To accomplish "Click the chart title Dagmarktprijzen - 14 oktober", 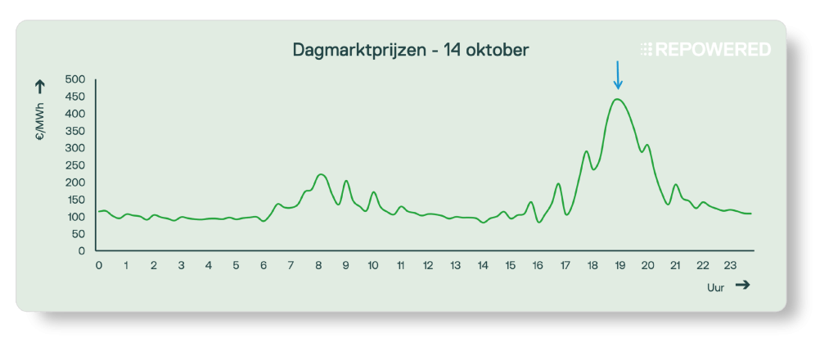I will tap(411, 50).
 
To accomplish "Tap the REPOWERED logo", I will tap(705, 50).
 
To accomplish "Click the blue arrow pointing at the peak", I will tap(618, 75).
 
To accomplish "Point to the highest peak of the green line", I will tap(618, 100).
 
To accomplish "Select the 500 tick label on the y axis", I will tap(75, 80).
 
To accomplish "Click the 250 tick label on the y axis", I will tap(75, 166).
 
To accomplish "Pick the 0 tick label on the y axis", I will tap(82, 251).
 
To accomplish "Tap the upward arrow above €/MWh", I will tap(39, 85).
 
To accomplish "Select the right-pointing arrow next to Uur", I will tap(742, 285).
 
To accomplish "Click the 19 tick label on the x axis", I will tap(620, 266).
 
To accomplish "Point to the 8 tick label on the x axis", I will tap(318, 266).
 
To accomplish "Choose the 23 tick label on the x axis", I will tap(730, 266).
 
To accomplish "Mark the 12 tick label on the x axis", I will tap(428, 266).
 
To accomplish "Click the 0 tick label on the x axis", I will tap(98, 266).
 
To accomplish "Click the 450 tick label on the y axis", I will tap(75, 97).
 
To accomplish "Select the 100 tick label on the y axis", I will tap(75, 217).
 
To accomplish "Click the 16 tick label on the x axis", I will tap(538, 266).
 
